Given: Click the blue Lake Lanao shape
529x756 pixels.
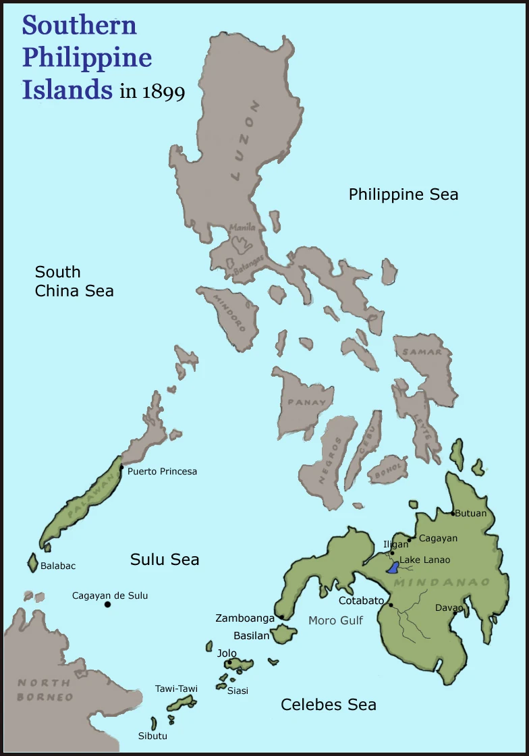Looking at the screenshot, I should [x=393, y=567].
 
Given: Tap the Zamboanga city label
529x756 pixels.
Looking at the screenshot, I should [x=245, y=618].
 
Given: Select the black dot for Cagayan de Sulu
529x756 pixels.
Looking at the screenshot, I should [x=107, y=604].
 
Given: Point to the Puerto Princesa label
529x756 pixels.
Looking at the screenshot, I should [x=162, y=471].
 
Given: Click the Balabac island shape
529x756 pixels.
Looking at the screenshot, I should [x=32, y=563].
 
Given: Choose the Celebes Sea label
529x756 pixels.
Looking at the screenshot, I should [x=328, y=705].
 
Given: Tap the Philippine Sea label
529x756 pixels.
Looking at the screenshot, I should [x=403, y=194].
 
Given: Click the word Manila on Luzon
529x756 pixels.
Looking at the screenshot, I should [x=242, y=228].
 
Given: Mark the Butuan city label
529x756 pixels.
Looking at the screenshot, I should [x=470, y=513].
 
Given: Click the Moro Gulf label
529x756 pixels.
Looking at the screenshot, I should [x=335, y=620].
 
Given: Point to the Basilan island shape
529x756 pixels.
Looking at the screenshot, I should [x=283, y=634].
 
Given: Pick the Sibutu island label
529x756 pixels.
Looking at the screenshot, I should [x=152, y=736].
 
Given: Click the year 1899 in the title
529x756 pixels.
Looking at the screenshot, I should [x=163, y=91].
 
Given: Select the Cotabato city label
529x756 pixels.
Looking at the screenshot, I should [x=361, y=601].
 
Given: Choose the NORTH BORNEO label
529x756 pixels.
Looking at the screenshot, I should [x=45, y=689].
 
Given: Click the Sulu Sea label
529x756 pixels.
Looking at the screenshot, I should [x=165, y=559].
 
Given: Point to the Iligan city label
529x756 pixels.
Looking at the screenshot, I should [x=395, y=544].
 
